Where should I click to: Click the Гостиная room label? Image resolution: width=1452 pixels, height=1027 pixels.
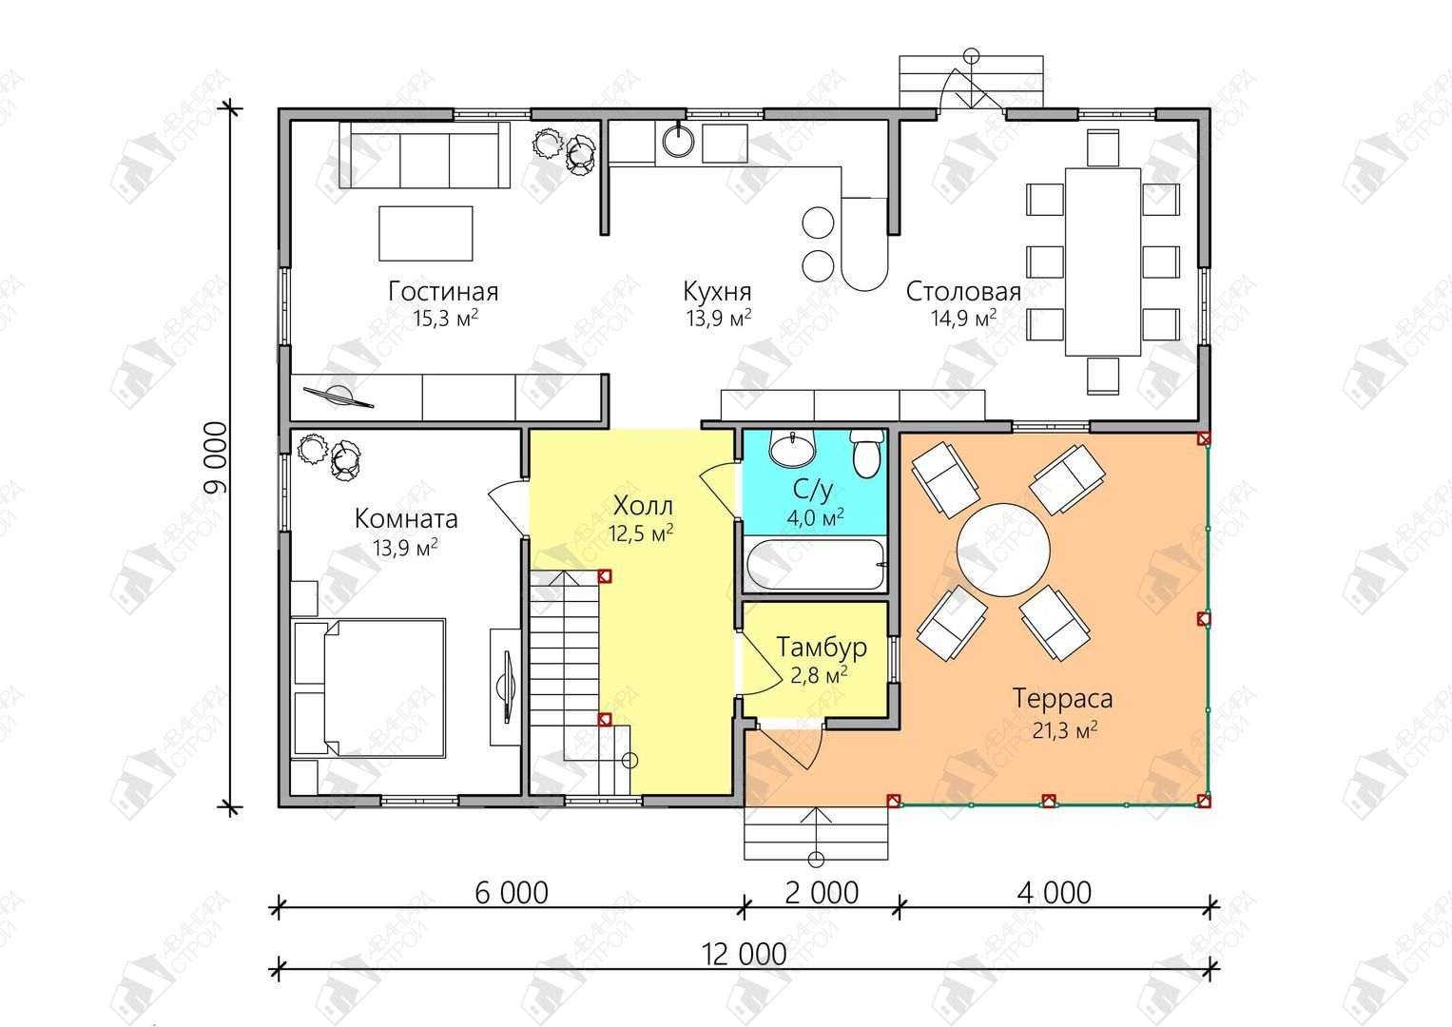pyautogui.click(x=443, y=292)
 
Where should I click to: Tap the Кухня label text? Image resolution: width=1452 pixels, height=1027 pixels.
pyautogui.click(x=718, y=292)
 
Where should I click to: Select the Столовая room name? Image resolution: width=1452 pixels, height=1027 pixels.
pyautogui.click(x=963, y=292)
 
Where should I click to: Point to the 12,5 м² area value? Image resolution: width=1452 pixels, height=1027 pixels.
pyautogui.click(x=641, y=533)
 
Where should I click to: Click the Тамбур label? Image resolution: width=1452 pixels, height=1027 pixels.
pyautogui.click(x=822, y=647)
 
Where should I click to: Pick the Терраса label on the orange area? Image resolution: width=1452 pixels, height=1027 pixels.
pyautogui.click(x=1063, y=699)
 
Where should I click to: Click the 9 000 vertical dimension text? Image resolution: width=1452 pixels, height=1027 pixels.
pyautogui.click(x=216, y=458)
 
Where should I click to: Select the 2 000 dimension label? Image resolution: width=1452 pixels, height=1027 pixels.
pyautogui.click(x=822, y=893)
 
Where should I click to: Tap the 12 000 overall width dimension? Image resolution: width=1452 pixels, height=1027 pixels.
pyautogui.click(x=745, y=954)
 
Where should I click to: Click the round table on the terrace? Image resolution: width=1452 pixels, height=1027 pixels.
pyautogui.click(x=1003, y=550)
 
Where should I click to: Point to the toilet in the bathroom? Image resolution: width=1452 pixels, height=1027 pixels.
pyautogui.click(x=866, y=454)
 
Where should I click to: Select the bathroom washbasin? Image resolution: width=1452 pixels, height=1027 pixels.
pyautogui.click(x=792, y=447)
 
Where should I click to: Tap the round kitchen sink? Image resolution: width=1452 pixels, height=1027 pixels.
pyautogui.click(x=679, y=140)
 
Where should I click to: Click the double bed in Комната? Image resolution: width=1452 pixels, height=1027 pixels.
pyautogui.click(x=370, y=688)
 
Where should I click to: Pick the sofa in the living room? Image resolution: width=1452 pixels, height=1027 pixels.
pyautogui.click(x=425, y=155)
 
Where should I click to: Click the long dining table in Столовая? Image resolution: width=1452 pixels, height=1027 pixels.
pyautogui.click(x=1103, y=262)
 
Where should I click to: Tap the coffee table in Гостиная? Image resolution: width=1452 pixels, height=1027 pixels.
pyautogui.click(x=426, y=233)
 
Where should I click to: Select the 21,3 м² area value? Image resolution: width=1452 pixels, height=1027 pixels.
pyautogui.click(x=1065, y=730)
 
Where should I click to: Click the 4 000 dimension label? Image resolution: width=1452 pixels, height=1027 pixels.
pyautogui.click(x=1055, y=893)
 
